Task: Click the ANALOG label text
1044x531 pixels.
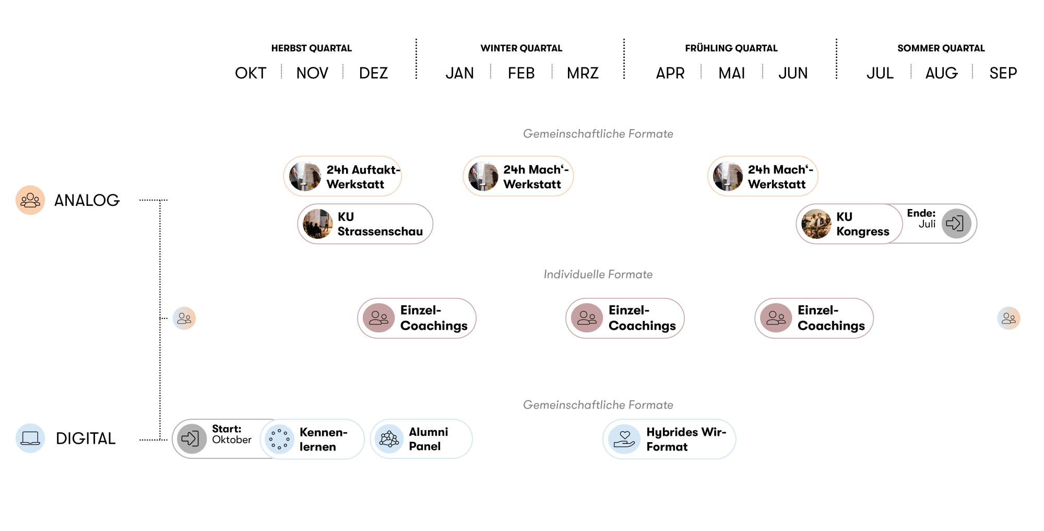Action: point(87,200)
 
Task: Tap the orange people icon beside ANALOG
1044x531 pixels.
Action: point(30,200)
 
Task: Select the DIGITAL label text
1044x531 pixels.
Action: point(86,438)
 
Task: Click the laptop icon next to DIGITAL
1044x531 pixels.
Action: point(30,438)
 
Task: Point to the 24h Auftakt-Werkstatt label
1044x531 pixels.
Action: point(362,177)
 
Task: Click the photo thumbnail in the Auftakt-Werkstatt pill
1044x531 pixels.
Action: point(305,176)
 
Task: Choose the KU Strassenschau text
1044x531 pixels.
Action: point(379,224)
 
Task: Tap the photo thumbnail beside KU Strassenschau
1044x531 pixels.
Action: point(318,224)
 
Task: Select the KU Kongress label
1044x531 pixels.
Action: point(862,224)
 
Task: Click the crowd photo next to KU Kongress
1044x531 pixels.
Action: point(816,224)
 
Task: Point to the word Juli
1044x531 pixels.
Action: point(927,224)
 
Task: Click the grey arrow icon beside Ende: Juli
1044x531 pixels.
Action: point(956,224)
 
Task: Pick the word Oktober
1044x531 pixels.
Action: point(232,440)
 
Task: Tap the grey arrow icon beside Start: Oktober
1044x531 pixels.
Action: point(192,438)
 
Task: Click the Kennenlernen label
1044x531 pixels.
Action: point(323,440)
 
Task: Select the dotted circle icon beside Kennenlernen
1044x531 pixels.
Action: point(279,439)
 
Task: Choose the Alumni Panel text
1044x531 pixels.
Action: point(428,439)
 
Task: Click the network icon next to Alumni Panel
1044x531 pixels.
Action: point(389,439)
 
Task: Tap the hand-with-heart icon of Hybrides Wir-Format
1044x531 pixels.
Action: point(624,439)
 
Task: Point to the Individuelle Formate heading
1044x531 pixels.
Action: point(598,274)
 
